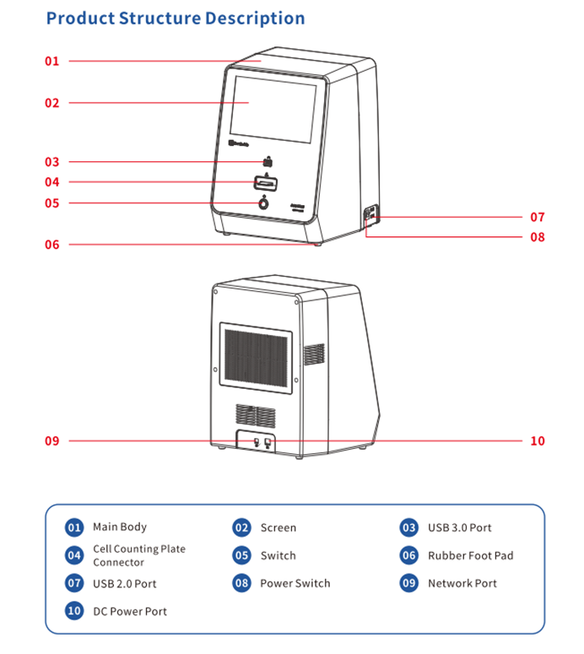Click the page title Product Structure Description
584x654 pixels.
pos(176,18)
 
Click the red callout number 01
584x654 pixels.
pos(52,61)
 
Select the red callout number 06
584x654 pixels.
pos(52,245)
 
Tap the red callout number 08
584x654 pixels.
pos(538,237)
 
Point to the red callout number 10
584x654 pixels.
pos(538,441)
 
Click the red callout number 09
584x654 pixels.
pos(52,441)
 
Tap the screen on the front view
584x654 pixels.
pos(273,108)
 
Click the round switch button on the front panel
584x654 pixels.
pos(264,203)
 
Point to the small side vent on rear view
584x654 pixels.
pos(314,354)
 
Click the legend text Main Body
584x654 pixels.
pos(120,527)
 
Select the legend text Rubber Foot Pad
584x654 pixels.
pos(470,555)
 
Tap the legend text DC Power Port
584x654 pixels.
pos(130,612)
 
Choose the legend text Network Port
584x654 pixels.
pos(462,583)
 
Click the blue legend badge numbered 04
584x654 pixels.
pos(74,555)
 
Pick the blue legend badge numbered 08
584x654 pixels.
pos(242,583)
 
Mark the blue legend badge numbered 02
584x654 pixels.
pos(242,527)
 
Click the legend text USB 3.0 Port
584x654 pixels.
pos(459,527)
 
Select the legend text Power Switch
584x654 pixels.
pos(295,583)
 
